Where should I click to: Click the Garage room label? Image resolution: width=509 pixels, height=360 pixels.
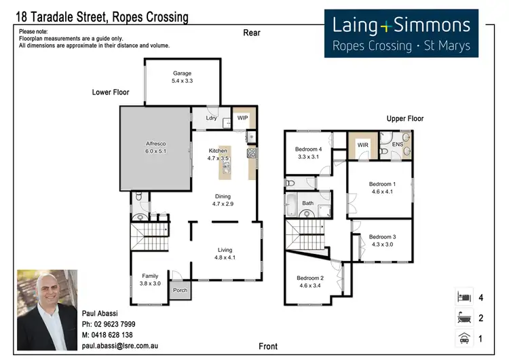[182, 73]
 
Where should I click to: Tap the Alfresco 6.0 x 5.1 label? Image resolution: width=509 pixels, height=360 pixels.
[156, 147]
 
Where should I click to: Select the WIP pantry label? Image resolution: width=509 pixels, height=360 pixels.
[242, 118]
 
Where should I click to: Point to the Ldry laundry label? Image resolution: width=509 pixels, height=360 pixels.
[211, 118]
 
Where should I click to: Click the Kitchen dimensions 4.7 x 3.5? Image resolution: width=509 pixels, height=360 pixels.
[218, 158]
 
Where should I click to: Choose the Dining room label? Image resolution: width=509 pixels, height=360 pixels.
[223, 196]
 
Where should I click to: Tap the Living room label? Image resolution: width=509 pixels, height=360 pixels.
[225, 250]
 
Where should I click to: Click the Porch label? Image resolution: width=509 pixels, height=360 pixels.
[180, 290]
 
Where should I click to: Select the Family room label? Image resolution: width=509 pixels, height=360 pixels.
[150, 276]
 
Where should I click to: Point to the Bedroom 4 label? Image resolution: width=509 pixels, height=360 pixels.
[308, 149]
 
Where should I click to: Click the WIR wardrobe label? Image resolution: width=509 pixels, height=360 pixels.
[363, 145]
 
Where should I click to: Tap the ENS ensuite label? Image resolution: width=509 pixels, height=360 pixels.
[398, 144]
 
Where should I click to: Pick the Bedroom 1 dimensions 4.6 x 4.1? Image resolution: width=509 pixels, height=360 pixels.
[382, 192]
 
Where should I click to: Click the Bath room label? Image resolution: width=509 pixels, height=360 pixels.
[307, 203]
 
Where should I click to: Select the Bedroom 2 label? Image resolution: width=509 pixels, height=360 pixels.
[310, 278]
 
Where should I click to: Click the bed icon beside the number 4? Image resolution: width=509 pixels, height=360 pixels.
[464, 297]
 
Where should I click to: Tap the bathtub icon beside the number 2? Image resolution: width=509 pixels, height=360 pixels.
[464, 317]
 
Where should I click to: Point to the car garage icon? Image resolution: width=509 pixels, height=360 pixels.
[464, 338]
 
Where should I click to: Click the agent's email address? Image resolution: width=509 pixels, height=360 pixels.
[119, 346]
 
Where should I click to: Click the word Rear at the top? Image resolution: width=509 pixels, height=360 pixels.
[252, 33]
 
